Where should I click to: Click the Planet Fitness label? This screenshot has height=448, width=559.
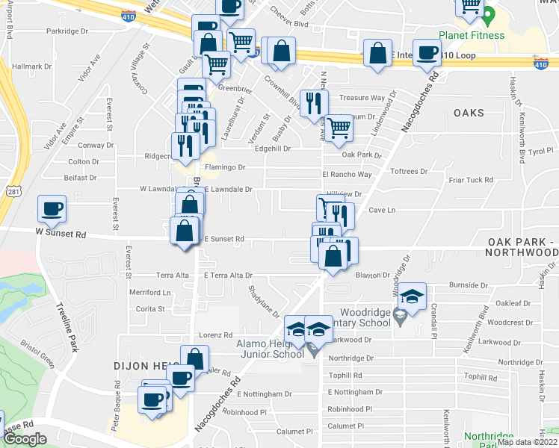[471, 35]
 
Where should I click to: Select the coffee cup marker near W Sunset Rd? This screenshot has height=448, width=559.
[52, 208]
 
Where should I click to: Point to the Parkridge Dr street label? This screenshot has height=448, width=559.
[67, 31]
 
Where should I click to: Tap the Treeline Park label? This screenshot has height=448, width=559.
[67, 327]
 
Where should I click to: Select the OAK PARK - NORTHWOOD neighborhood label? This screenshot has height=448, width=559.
[522, 247]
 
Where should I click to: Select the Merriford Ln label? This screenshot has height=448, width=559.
[150, 292]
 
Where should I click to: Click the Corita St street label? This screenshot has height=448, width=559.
[150, 308]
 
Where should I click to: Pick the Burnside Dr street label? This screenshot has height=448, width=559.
[469, 285]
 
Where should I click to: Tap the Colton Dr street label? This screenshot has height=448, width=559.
[78, 161]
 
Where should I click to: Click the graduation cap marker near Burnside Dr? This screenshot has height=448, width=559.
[412, 296]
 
